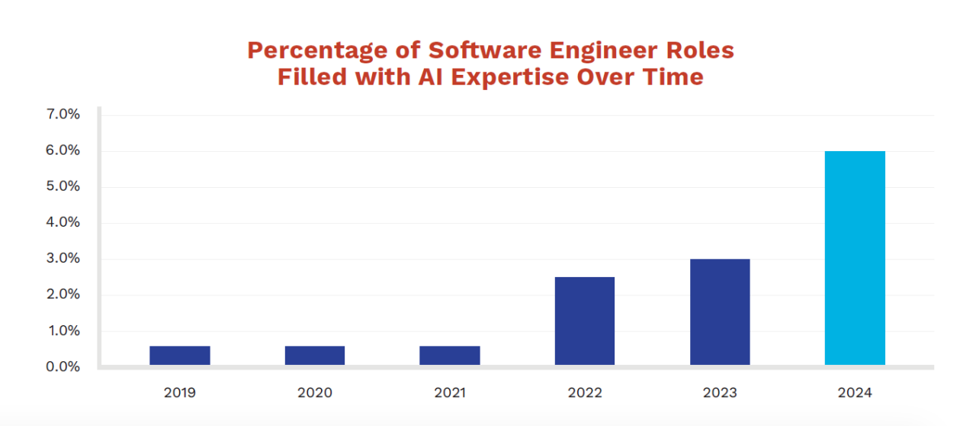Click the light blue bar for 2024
coord(855,258)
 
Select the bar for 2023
coord(720,312)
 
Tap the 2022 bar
coord(584,321)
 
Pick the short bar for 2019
coord(179,356)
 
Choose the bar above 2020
coord(315,356)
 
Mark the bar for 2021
coord(450,356)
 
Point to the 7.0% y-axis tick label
coord(63,115)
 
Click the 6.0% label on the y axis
coord(63,151)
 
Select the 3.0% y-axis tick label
coord(63,259)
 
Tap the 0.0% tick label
coord(63,367)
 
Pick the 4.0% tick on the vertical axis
coord(63,223)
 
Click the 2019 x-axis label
coord(179,393)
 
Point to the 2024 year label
coord(855,393)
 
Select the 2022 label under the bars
coord(584,393)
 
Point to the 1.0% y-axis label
coord(63,331)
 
